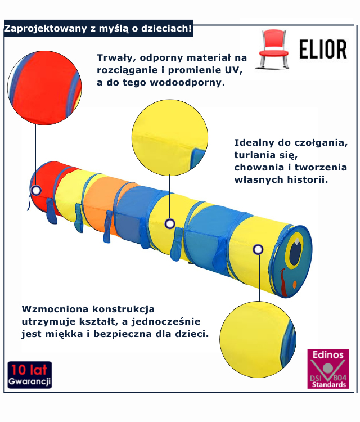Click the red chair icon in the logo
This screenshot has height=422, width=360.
click(x=272, y=50)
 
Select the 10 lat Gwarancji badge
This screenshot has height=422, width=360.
click(x=30, y=375)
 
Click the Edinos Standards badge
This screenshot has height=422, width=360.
click(x=328, y=369)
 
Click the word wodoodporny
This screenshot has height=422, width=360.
click(x=190, y=82)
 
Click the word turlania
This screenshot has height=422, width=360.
click(x=259, y=155)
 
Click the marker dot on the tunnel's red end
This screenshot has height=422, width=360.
click(x=36, y=190)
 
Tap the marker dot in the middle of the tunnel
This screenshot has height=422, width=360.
click(x=170, y=224)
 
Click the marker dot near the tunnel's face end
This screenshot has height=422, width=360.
click(x=258, y=249)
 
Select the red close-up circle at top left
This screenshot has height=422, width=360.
click(x=44, y=87)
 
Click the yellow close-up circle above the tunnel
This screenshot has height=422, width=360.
click(x=169, y=138)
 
